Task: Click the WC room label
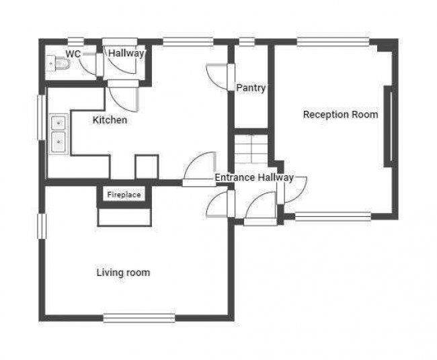click(x=73, y=53)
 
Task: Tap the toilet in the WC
click(x=60, y=64)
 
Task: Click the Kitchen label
click(x=110, y=120)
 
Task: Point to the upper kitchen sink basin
click(x=58, y=123)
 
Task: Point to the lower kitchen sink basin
click(x=58, y=142)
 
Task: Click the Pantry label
click(x=251, y=88)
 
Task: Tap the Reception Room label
click(x=340, y=114)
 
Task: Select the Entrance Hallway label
click(x=253, y=178)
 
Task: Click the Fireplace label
click(x=124, y=195)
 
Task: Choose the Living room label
click(x=123, y=273)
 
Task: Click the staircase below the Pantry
click(x=251, y=148)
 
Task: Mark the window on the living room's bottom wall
click(x=139, y=318)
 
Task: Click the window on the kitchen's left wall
click(x=41, y=118)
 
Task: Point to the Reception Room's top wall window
click(x=333, y=42)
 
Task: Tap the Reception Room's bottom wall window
click(x=333, y=216)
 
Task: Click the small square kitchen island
click(x=147, y=167)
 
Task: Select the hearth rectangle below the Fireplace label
click(x=124, y=217)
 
